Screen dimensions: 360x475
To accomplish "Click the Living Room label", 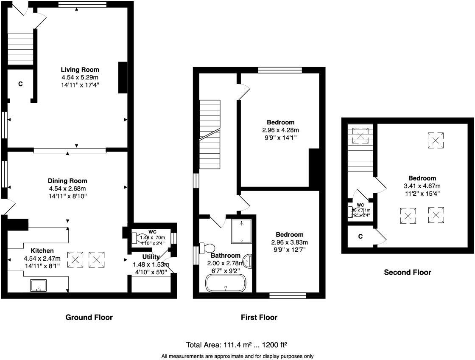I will coord(80,70).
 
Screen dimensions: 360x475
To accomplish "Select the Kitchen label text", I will coord(42,250).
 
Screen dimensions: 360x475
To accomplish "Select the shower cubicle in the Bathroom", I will coord(243,231).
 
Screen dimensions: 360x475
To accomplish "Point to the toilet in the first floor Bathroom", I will coord(208,248).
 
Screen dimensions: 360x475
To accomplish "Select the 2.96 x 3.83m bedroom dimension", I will coord(289,242).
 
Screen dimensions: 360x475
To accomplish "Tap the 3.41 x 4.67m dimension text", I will coord(422,186).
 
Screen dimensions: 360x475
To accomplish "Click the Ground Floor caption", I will coord(89,317).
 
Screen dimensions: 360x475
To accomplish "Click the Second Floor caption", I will coord(407,273).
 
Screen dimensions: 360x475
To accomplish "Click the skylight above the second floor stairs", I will coord(360,136).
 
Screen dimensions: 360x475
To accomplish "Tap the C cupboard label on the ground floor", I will coord(20,84).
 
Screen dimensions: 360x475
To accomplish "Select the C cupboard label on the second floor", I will coord(360,236).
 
